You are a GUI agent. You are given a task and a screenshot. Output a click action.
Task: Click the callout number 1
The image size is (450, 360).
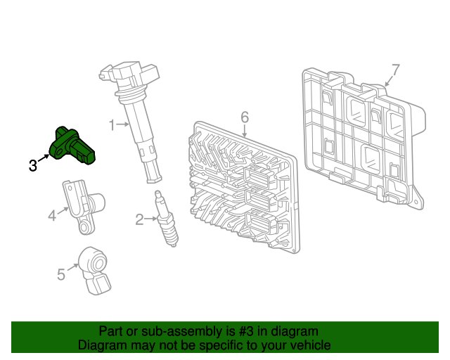pyautogui.click(x=112, y=125)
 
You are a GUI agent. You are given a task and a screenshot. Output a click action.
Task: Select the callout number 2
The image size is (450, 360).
pyautogui.click(x=139, y=219)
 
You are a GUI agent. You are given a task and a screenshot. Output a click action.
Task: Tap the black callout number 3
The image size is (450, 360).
pyautogui.click(x=33, y=166)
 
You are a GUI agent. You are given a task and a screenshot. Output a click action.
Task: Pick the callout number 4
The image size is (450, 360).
pyautogui.click(x=52, y=216)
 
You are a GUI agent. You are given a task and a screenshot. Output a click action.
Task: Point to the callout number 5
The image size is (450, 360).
pyautogui.click(x=61, y=274)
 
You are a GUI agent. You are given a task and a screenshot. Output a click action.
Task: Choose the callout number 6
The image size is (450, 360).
pyautogui.click(x=245, y=117)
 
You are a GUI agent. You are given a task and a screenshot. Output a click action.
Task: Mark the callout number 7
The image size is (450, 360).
pyautogui.click(x=395, y=70)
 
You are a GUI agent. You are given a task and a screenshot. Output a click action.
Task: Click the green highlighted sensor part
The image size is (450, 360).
pyautogui.click(x=72, y=146)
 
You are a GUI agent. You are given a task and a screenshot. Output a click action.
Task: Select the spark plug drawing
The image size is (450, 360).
pyautogui.click(x=167, y=218)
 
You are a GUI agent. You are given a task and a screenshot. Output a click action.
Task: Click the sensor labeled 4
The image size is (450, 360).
pyautogui.click(x=83, y=206)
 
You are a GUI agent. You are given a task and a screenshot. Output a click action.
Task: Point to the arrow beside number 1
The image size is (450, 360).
pyautogui.click(x=123, y=124)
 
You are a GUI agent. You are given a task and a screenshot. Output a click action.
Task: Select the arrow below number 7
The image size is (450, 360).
pyautogui.click(x=388, y=82)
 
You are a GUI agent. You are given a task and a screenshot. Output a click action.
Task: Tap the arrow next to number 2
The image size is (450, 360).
pyautogui.click(x=150, y=219)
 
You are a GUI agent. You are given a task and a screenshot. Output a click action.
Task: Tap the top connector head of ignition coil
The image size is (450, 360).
pyautogui.click(x=129, y=74)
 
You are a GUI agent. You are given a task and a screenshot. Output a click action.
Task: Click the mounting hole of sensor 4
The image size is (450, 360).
pyautogui.click(x=84, y=227)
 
